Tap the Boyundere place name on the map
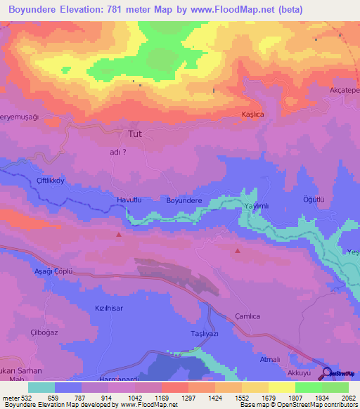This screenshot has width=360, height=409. (x=184, y=200)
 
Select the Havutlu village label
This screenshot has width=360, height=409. (x=129, y=200)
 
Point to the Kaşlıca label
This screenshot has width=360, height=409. (x=251, y=114)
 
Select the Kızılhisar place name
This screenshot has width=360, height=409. (x=109, y=308)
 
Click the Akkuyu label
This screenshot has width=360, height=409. (x=301, y=374)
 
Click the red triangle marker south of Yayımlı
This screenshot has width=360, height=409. (x=238, y=250)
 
